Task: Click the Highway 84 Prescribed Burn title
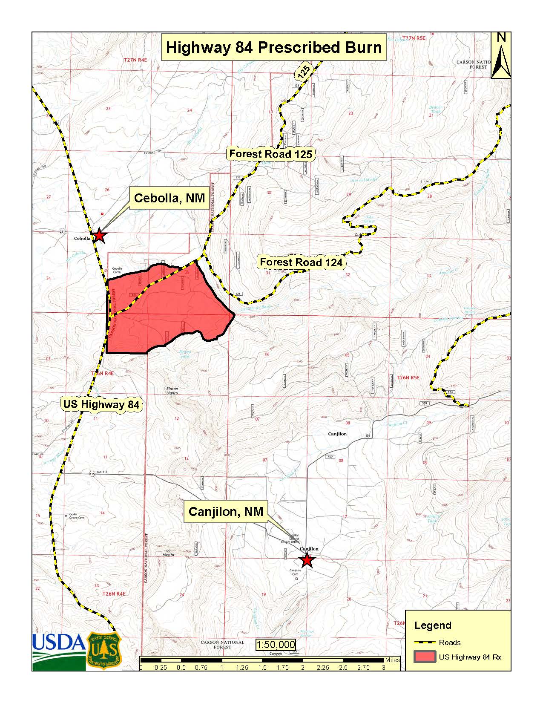pyautogui.click(x=273, y=47)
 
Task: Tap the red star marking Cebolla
pyautogui.click(x=99, y=235)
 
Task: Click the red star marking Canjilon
pyautogui.click(x=307, y=561)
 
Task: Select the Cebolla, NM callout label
pyautogui.click(x=169, y=198)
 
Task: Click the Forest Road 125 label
pyautogui.click(x=270, y=154)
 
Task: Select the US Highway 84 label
pyautogui.click(x=101, y=404)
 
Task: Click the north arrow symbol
pyautogui.click(x=501, y=55)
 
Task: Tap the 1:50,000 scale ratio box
pyautogui.click(x=276, y=645)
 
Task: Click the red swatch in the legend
pyautogui.click(x=424, y=657)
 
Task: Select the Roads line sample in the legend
pyautogui.click(x=424, y=642)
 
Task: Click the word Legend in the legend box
pyautogui.click(x=432, y=625)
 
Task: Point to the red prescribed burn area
pyautogui.click(x=170, y=311)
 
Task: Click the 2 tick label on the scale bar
pyautogui.click(x=303, y=668)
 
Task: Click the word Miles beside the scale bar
pyautogui.click(x=392, y=660)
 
